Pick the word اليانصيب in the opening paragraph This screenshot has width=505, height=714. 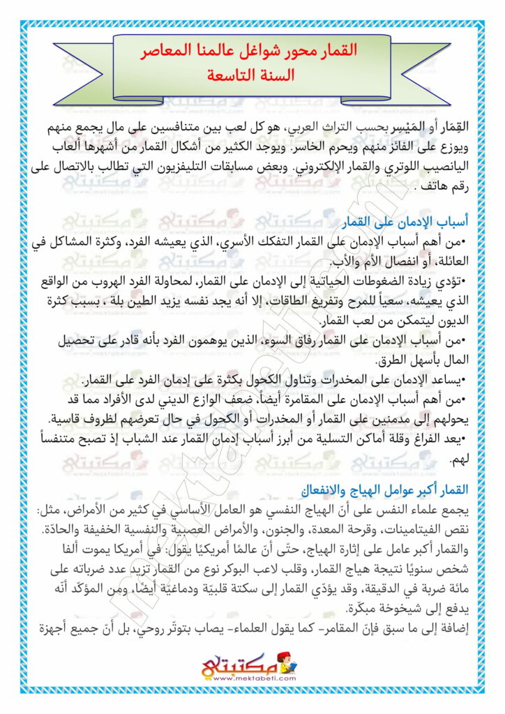[433, 167]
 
